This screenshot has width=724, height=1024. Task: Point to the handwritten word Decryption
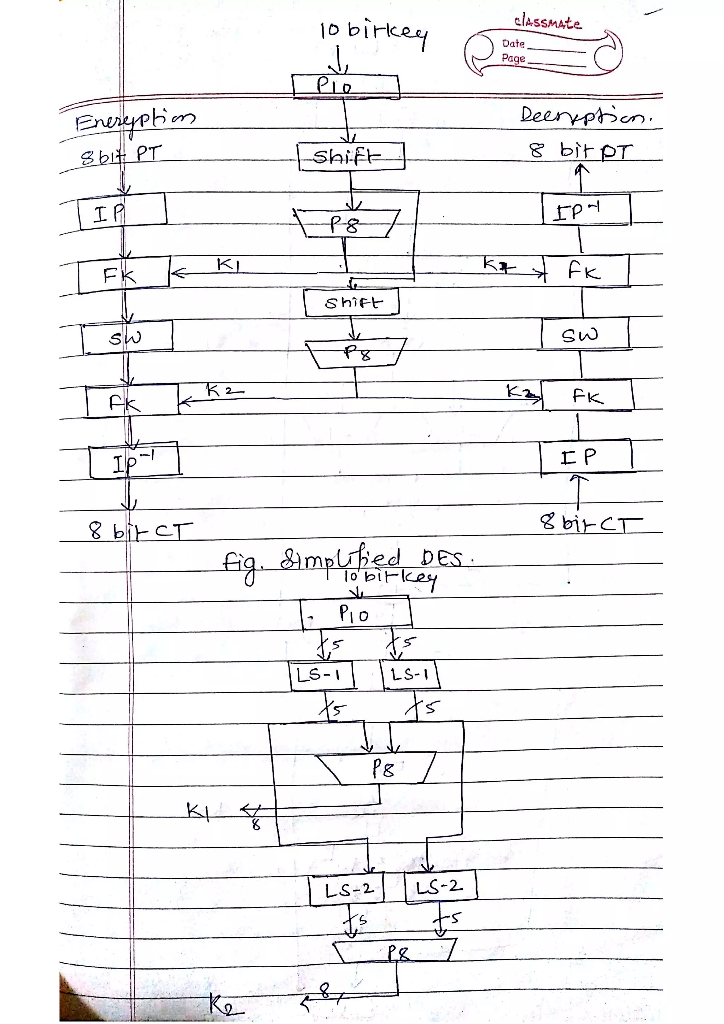(x=585, y=116)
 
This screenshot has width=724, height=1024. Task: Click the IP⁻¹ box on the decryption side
(x=586, y=210)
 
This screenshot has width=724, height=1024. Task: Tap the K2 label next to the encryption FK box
(x=224, y=391)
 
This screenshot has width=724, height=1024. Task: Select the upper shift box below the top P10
(x=351, y=157)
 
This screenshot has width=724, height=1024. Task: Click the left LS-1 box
(x=321, y=675)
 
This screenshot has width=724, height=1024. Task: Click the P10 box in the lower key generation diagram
(x=356, y=614)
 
